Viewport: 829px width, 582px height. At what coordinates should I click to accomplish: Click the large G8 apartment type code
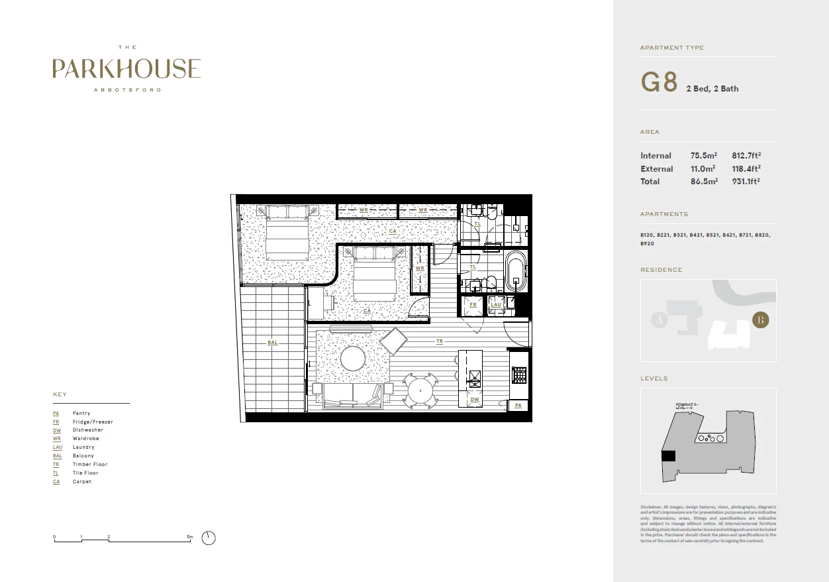[659, 82]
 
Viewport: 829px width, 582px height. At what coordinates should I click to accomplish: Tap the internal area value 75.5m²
[704, 156]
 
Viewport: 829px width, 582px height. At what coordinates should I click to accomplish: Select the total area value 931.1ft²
[746, 182]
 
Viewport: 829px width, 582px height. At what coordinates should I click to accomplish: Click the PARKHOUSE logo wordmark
[126, 69]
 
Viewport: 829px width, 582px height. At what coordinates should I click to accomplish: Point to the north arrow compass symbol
[209, 538]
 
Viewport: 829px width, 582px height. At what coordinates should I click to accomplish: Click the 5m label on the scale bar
[190, 536]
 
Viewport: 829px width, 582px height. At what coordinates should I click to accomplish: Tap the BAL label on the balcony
[273, 343]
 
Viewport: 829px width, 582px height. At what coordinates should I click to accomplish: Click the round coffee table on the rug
[353, 359]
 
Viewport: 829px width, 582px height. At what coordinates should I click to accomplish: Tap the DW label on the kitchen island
[474, 400]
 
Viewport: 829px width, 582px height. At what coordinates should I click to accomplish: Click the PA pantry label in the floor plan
[518, 405]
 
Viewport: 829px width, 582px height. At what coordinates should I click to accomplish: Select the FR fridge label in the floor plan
[473, 305]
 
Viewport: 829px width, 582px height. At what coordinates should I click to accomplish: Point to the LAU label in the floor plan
[495, 305]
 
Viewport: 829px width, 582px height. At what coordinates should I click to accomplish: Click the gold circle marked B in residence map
[761, 320]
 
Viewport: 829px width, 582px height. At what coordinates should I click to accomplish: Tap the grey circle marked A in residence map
[658, 321]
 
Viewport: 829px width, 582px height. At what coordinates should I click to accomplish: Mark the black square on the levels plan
[669, 456]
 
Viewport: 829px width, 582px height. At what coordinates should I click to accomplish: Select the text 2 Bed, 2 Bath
[712, 89]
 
